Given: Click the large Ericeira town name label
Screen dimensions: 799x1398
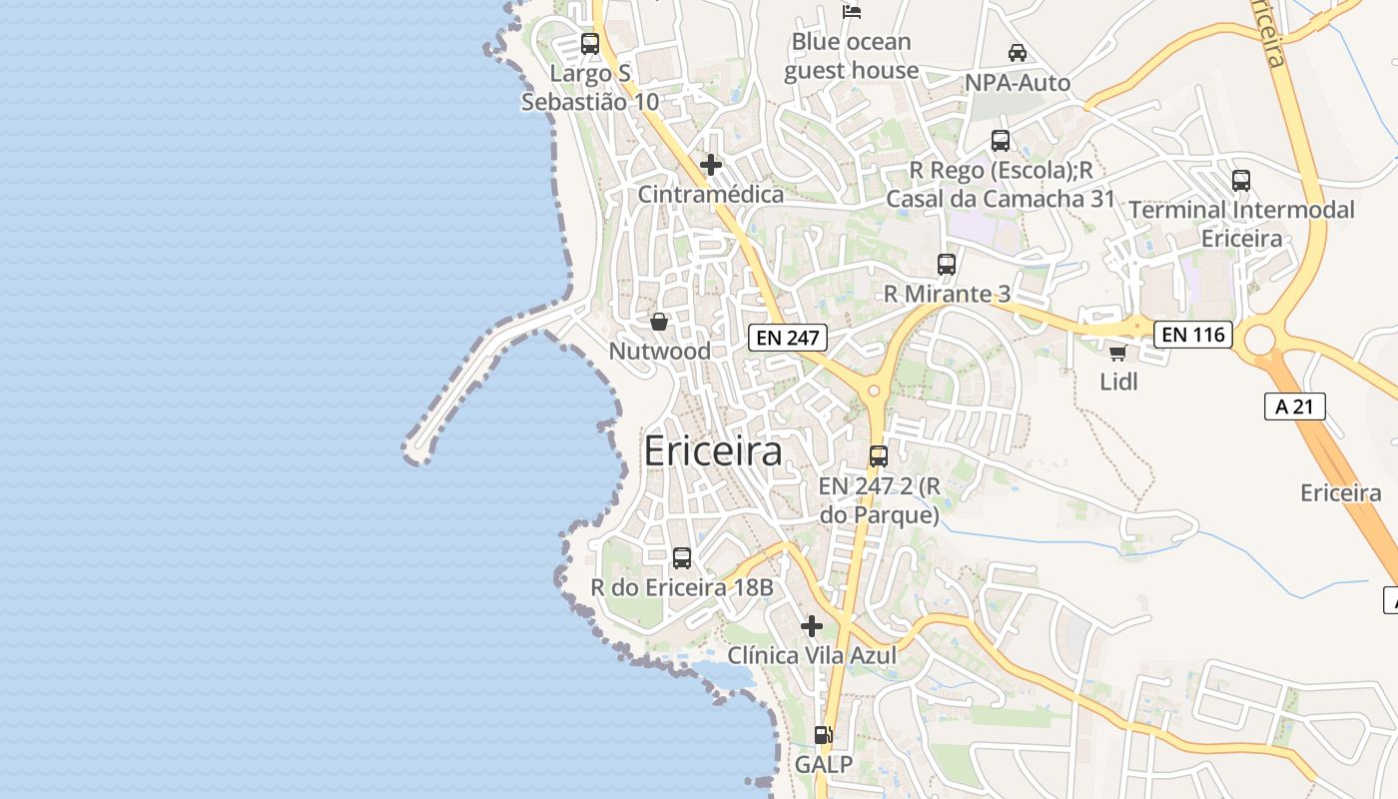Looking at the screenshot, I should click(x=713, y=451).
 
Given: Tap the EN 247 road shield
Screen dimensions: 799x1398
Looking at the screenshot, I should click(x=788, y=338).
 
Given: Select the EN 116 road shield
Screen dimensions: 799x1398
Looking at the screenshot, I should click(x=1193, y=335).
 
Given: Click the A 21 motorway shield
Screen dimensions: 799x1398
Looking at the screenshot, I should click(x=1294, y=405).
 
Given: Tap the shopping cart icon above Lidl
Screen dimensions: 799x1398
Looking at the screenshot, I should click(x=1118, y=353).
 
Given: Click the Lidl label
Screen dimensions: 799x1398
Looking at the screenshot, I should click(x=1118, y=382).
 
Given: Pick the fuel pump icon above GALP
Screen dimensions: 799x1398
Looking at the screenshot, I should click(x=824, y=735).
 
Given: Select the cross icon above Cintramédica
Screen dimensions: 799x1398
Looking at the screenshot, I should click(x=711, y=165).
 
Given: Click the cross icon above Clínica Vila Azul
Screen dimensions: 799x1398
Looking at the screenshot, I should click(x=812, y=626).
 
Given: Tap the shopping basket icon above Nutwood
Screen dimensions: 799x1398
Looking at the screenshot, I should click(x=659, y=322).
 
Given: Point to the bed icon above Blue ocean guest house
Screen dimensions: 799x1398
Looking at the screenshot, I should click(x=852, y=12).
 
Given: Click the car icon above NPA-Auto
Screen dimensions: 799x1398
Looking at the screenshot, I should click(x=1018, y=53).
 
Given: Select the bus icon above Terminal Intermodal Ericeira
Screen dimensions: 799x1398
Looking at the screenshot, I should click(x=1241, y=181).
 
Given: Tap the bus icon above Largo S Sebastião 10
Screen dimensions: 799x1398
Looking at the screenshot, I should click(x=590, y=44).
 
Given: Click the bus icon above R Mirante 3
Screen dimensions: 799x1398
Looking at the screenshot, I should click(x=947, y=265).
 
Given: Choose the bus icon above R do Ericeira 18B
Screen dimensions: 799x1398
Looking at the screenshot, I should click(x=682, y=558).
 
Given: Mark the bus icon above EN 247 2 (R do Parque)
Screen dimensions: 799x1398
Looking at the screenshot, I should click(x=879, y=456).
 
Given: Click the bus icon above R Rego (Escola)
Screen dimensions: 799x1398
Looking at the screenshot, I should click(x=1001, y=141).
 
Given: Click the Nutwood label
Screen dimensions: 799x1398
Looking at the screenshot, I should click(x=660, y=352).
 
